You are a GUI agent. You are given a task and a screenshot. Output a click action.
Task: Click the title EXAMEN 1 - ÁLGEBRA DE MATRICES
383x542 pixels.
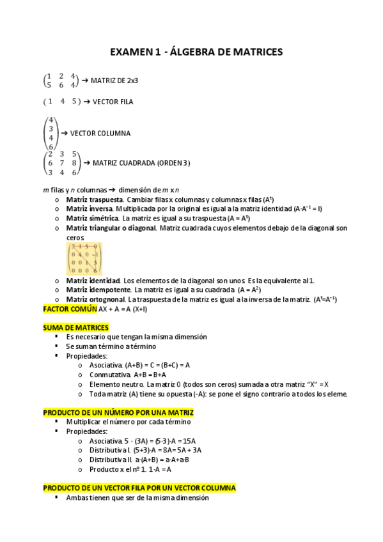tap(196, 52)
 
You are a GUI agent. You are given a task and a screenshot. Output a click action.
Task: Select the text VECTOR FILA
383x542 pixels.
tap(113, 102)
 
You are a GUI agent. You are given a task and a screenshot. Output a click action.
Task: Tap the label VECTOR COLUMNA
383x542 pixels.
tap(100, 134)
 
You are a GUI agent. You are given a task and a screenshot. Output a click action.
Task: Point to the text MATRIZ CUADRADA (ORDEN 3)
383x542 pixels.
tap(141, 163)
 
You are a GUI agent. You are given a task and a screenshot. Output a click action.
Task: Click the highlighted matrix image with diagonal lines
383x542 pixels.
tap(84, 258)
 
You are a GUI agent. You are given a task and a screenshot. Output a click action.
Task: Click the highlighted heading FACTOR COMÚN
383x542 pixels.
tap(70, 309)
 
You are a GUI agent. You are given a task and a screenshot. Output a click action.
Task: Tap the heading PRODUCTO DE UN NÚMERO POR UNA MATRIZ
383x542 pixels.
tap(118, 413)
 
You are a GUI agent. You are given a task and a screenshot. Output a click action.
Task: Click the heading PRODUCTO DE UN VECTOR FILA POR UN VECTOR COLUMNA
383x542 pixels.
tap(139, 488)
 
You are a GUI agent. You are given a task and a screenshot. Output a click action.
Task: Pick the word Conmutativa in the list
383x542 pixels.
tap(107, 375)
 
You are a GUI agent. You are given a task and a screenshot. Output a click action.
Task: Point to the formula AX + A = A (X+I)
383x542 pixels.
tap(123, 309)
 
